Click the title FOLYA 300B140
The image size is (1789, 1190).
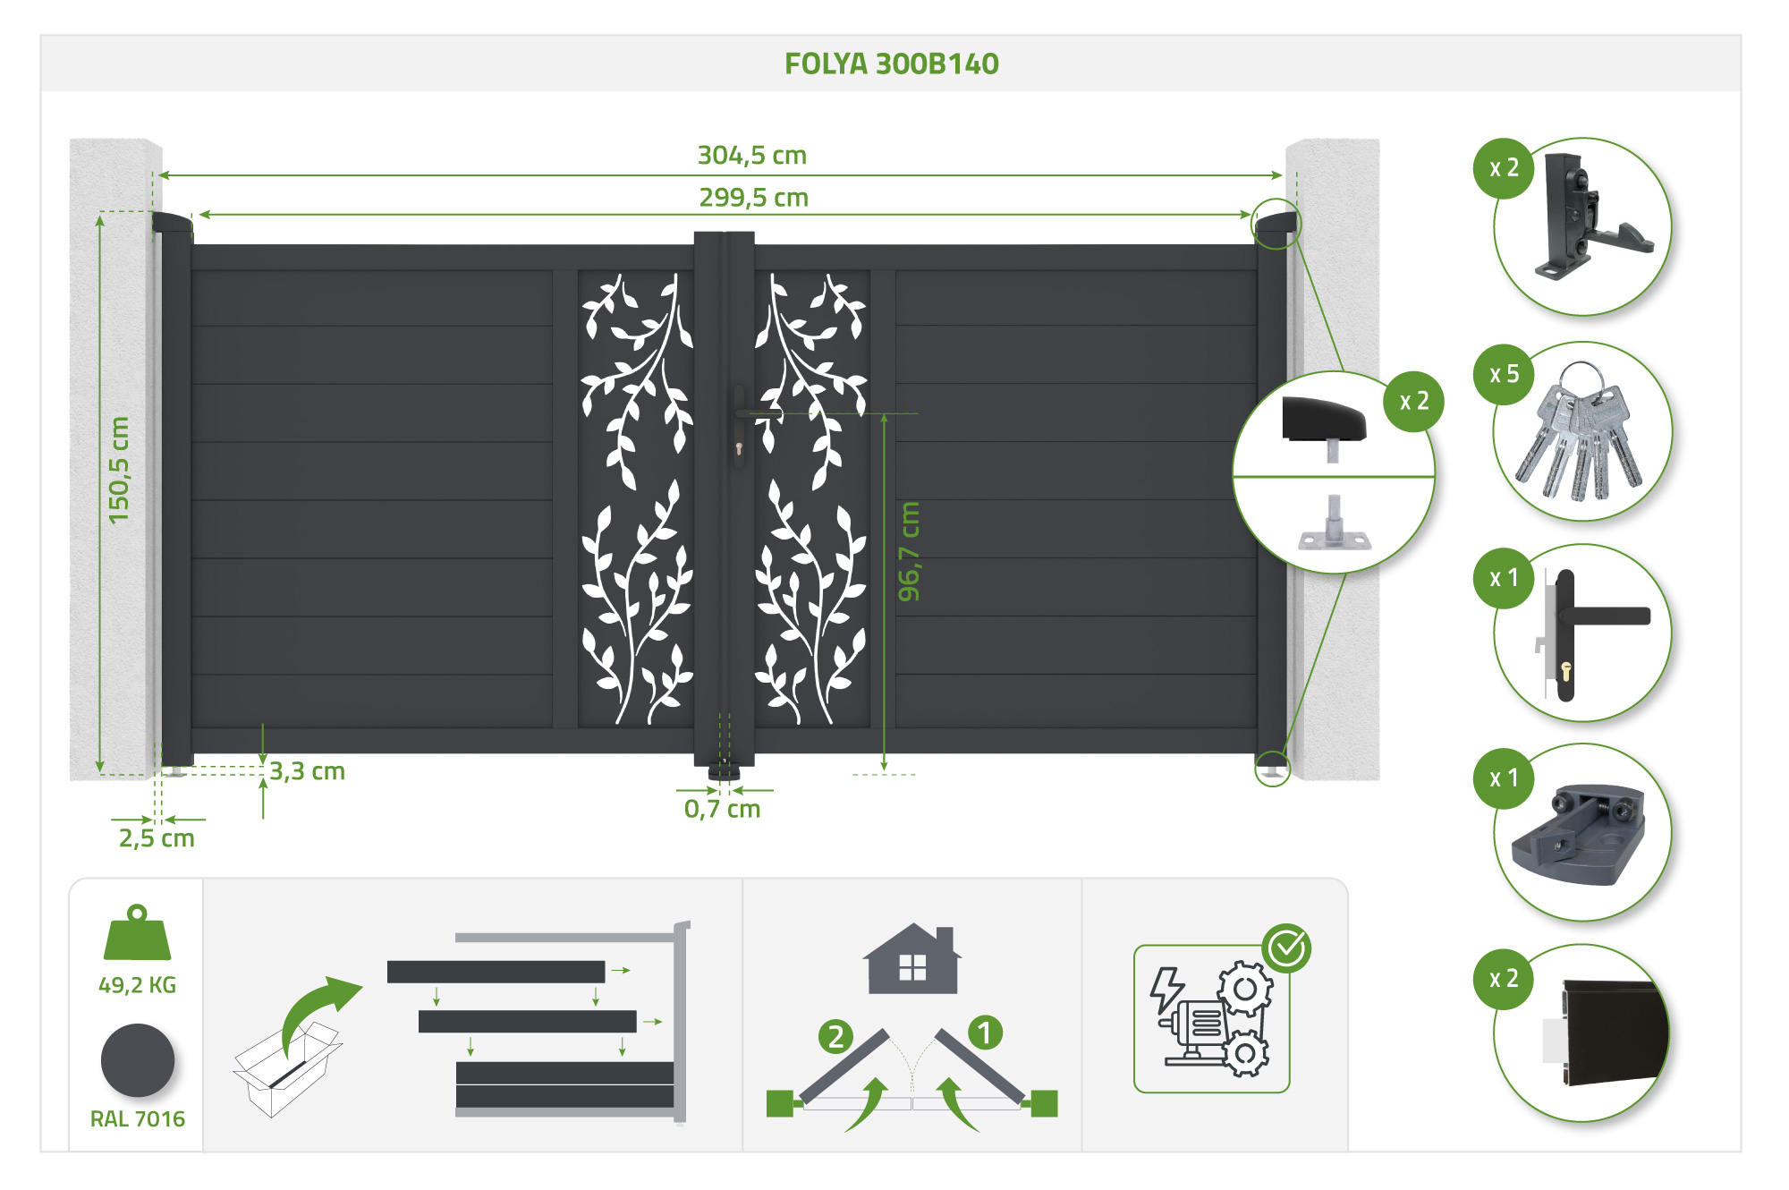click(891, 64)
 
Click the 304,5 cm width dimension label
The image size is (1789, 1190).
click(752, 156)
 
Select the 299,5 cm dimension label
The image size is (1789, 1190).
click(754, 198)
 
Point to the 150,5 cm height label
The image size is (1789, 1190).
click(119, 470)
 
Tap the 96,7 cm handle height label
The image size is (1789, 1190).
click(909, 551)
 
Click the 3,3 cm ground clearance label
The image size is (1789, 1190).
click(308, 771)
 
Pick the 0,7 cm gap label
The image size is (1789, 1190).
click(722, 810)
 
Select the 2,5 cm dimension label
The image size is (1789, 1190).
click(157, 838)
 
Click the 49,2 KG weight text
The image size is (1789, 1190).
click(138, 985)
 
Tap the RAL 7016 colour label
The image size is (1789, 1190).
click(138, 1119)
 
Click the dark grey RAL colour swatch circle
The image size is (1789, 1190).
click(138, 1060)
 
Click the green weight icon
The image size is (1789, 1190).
click(137, 932)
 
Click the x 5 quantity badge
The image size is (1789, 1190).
click(1504, 374)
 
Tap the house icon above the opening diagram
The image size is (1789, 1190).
click(912, 958)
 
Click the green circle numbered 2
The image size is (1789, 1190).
click(835, 1037)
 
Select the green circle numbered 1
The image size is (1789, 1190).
click(985, 1033)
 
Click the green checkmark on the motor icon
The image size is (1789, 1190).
click(1287, 948)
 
